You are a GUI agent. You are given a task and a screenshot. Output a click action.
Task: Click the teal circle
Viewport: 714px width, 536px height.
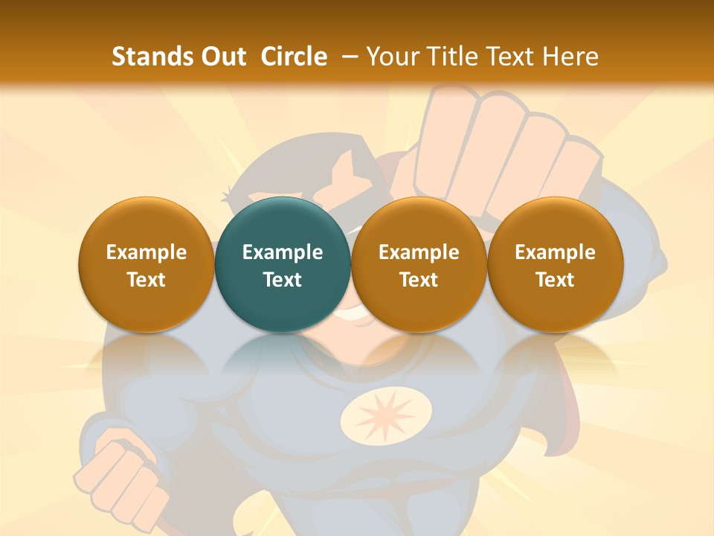[x=283, y=264]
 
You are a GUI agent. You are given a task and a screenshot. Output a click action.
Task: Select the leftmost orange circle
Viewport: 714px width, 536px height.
[x=147, y=264]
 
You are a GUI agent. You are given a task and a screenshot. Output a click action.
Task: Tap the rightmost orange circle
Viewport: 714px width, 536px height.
[x=555, y=264]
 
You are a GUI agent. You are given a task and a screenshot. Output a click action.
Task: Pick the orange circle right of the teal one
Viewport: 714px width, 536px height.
[x=419, y=264]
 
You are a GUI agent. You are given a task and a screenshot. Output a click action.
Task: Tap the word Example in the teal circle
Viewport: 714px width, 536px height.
[x=283, y=252]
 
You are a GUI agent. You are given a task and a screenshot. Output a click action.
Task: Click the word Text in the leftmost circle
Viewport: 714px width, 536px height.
[x=147, y=280]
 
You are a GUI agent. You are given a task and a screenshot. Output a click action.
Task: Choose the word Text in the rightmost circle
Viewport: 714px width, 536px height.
[x=555, y=280]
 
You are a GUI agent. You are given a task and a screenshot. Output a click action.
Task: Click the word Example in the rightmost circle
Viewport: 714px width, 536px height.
[x=555, y=252]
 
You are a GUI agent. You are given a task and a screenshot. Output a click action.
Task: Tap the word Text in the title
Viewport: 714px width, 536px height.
[x=513, y=57]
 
